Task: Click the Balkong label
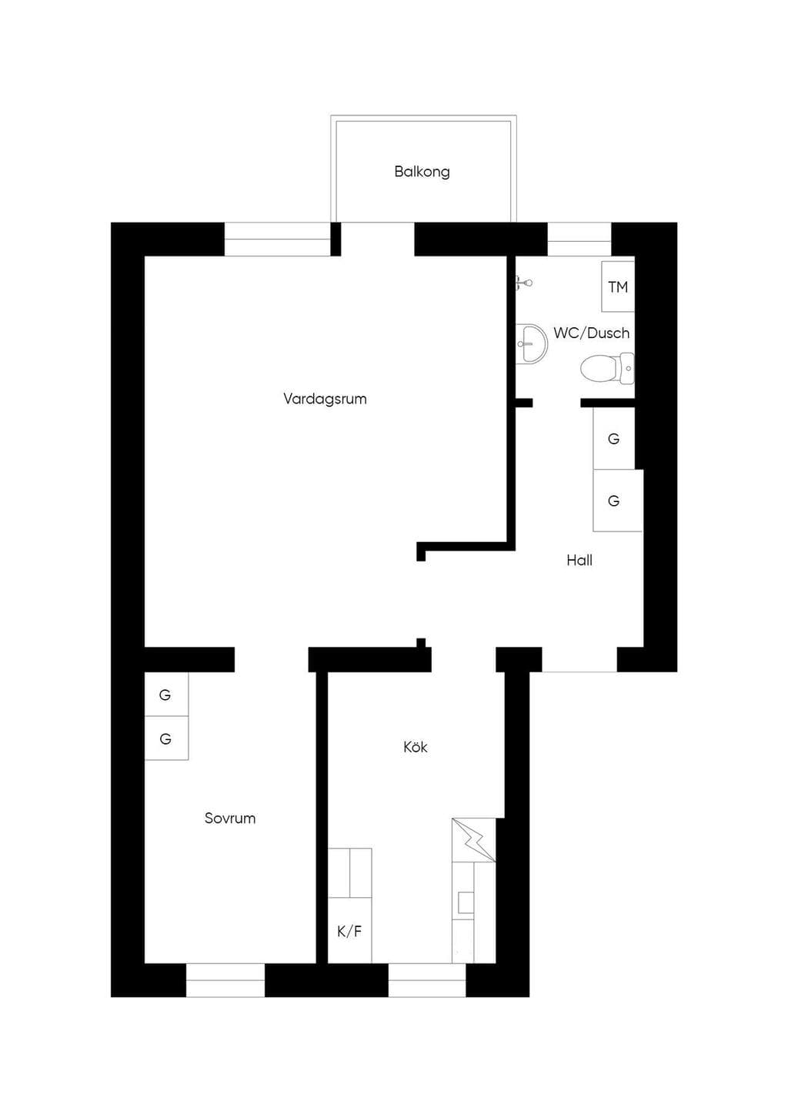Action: (x=422, y=172)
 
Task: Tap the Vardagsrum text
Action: (x=325, y=399)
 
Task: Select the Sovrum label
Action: (x=230, y=818)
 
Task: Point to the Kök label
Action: (x=416, y=747)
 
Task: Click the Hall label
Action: (x=579, y=561)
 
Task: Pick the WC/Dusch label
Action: (x=592, y=333)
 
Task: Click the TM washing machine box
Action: (x=618, y=286)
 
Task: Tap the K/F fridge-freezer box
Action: (x=349, y=930)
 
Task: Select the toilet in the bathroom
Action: (x=607, y=368)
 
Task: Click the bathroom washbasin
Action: (x=531, y=344)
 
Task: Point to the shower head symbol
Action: (x=524, y=283)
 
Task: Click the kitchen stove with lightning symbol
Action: (x=473, y=840)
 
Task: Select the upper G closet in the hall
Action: (x=614, y=439)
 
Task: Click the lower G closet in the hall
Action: (x=618, y=501)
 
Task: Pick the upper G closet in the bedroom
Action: (x=166, y=695)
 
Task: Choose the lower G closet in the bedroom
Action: (x=166, y=738)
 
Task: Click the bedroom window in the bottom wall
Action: (x=225, y=980)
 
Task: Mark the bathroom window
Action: (x=579, y=239)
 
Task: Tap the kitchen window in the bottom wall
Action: (x=427, y=980)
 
